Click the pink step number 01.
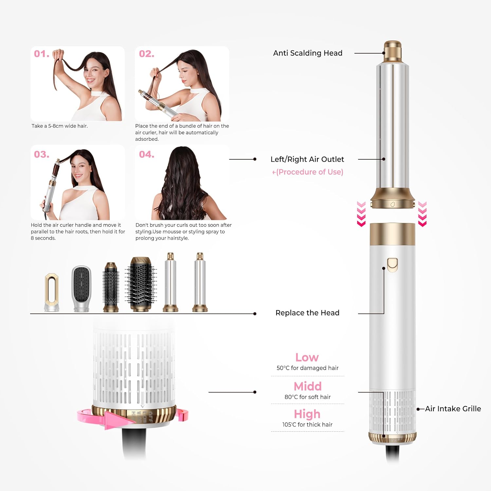[42, 54]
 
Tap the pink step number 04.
[146, 154]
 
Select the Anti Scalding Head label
[308, 53]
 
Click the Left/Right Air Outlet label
[307, 159]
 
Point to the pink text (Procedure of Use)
[308, 172]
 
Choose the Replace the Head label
[307, 313]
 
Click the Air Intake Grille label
[453, 409]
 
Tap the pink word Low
[307, 357]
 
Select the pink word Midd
[307, 386]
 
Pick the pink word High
[307, 414]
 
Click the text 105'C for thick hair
[307, 425]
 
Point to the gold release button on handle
[392, 265]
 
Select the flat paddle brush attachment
[81, 288]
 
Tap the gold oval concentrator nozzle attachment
[52, 291]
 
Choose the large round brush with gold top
[141, 283]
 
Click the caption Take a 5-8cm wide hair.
[60, 126]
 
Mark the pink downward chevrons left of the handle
[361, 214]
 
